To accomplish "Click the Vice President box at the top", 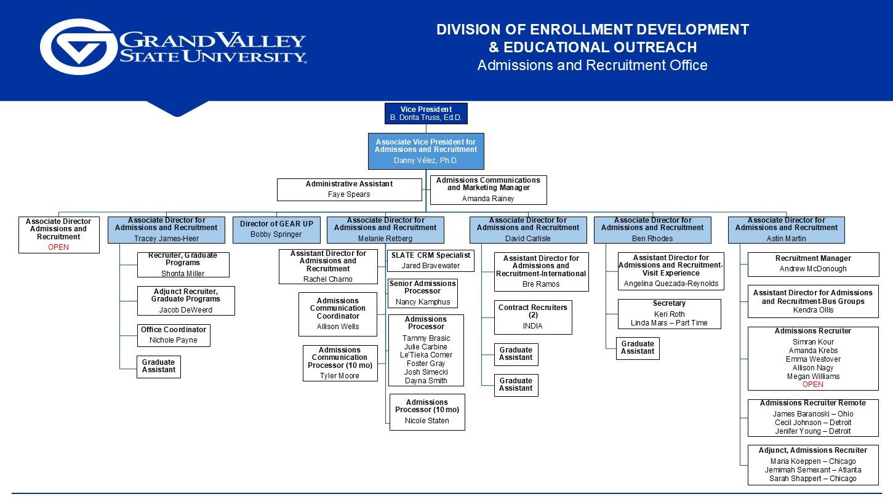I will [x=426, y=113].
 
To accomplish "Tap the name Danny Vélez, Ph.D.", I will [x=426, y=161].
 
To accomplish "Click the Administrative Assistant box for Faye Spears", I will [x=349, y=189].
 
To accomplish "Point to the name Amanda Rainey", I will [x=488, y=199].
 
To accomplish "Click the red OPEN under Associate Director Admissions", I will [x=58, y=247].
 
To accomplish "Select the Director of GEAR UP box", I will [x=276, y=229].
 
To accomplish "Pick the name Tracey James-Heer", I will [x=166, y=239].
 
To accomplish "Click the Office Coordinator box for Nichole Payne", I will [x=173, y=335].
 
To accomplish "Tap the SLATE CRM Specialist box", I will [x=431, y=260].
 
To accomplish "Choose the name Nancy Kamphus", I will [x=422, y=302].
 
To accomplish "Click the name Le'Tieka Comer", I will [x=426, y=355].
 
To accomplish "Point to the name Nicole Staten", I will [x=426, y=421].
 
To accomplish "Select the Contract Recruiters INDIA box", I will [x=533, y=317].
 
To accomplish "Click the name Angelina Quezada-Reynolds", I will [x=671, y=284].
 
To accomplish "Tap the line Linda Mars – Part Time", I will [x=669, y=323].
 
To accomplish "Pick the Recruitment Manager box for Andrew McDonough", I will [x=813, y=264].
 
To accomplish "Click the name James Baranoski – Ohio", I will [x=812, y=414].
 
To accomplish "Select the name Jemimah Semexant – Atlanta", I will [x=812, y=470].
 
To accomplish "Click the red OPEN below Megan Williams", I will [x=812, y=384].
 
